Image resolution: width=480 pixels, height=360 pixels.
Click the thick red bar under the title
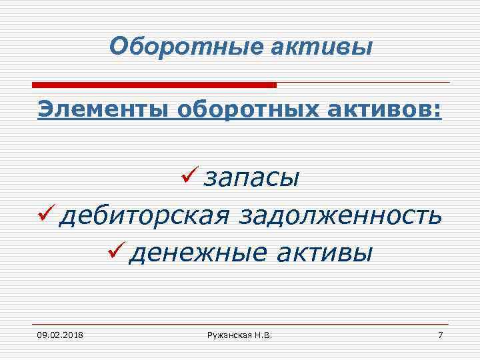tap(154, 85)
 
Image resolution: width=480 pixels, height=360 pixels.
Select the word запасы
tap(251, 179)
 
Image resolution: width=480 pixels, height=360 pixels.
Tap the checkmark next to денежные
tap(115, 252)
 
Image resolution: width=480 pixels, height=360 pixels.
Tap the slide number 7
tap(439, 333)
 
